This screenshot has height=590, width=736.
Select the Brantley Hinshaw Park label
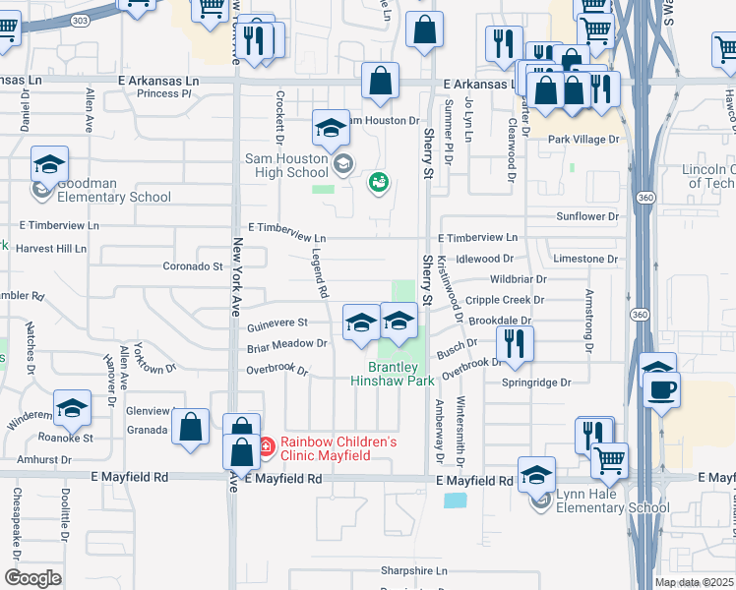(394, 374)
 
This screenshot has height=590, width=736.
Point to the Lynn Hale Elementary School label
(612, 501)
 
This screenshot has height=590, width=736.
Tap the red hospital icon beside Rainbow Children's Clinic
(265, 448)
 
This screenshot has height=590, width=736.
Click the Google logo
(32, 578)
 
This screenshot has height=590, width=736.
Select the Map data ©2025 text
(694, 582)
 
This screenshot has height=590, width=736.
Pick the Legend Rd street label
(319, 272)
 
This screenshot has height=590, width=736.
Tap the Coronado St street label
(192, 266)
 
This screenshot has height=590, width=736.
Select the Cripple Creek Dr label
(505, 300)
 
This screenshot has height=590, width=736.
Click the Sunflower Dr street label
(587, 216)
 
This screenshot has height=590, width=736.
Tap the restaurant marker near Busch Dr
(513, 342)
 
